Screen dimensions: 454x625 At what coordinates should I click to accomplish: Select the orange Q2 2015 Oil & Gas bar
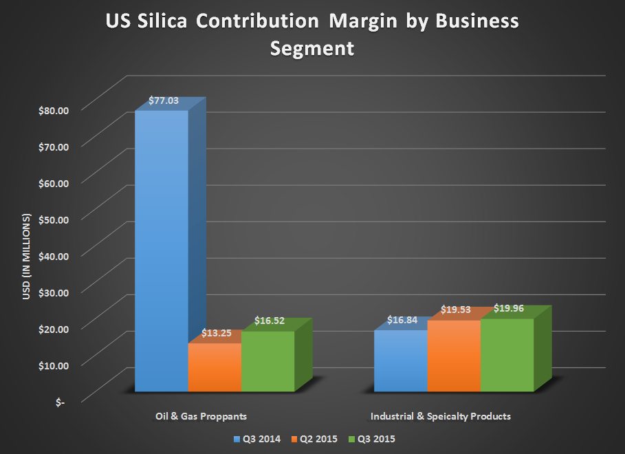tap(215, 368)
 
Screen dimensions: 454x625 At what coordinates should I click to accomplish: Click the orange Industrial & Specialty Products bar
tap(454, 356)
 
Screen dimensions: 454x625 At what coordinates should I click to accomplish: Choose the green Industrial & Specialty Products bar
tap(507, 355)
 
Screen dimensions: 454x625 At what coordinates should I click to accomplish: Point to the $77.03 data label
tap(164, 100)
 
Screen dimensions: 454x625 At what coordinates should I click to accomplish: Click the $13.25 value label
tap(217, 333)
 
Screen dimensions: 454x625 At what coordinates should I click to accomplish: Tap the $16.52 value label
tap(270, 321)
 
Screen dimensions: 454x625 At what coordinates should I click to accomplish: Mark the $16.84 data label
tap(402, 320)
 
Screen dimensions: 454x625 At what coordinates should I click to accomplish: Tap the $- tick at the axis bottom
tap(61, 402)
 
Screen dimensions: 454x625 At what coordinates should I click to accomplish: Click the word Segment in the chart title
tap(312, 49)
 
